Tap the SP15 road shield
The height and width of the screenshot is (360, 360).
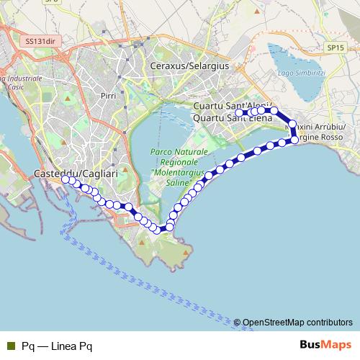(x=332, y=47)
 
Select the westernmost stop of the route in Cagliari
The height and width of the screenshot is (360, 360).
(x=65, y=180)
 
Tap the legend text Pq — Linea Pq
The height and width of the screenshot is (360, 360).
(x=57, y=346)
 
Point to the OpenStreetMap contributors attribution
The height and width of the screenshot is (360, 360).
(x=297, y=322)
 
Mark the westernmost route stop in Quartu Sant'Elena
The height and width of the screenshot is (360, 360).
(x=239, y=112)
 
